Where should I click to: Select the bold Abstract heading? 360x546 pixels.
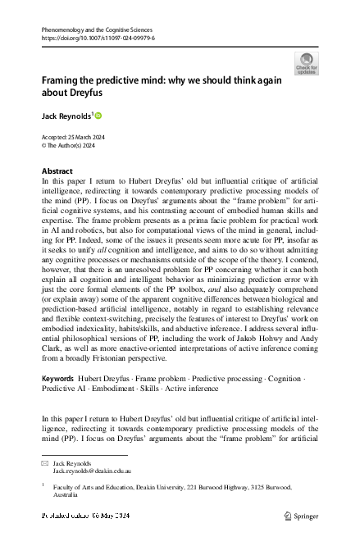[57, 171]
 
